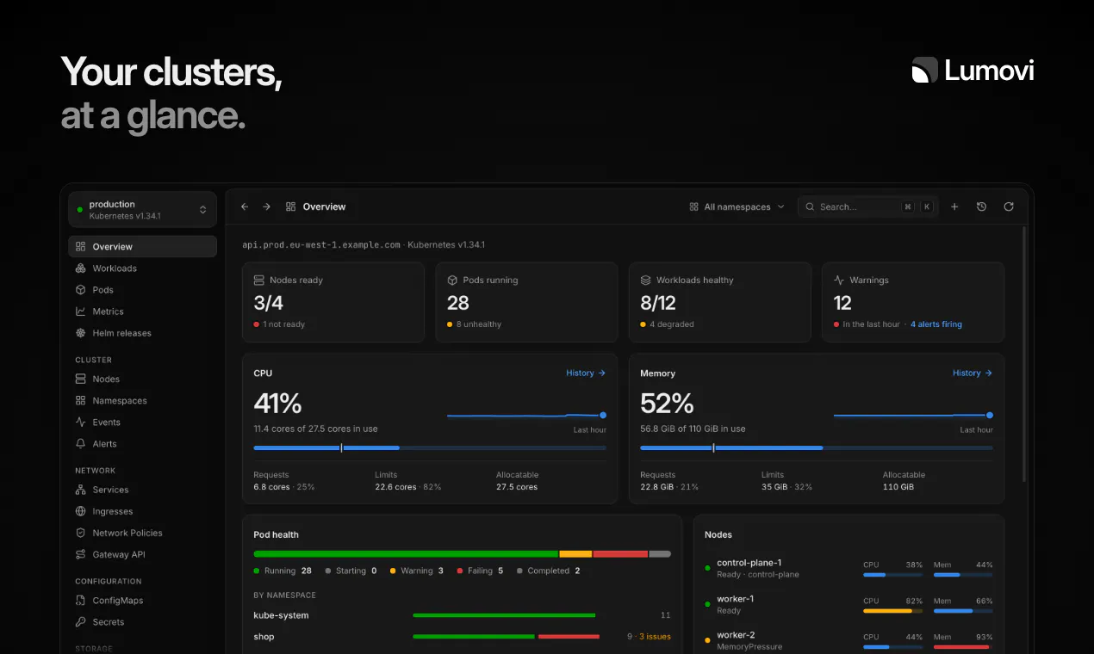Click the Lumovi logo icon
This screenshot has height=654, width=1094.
[x=924, y=70]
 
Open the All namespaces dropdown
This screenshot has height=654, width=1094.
[x=737, y=207]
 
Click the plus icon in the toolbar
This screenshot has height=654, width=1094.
[x=954, y=207]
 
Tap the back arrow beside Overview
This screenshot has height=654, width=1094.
[x=245, y=207]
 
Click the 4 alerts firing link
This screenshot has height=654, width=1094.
[x=935, y=324]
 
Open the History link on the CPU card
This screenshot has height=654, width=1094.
[x=586, y=373]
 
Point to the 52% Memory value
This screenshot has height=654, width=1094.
[x=667, y=403]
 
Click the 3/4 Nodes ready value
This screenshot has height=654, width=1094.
[x=268, y=303]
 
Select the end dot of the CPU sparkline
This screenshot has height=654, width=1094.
[x=603, y=416]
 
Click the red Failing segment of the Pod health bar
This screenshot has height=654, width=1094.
[x=620, y=554]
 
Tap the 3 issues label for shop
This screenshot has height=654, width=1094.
[x=655, y=637]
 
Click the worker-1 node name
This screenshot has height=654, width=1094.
[x=735, y=599]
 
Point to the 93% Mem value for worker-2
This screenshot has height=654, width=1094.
[x=984, y=637]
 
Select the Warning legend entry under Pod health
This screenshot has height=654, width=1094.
[x=417, y=571]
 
